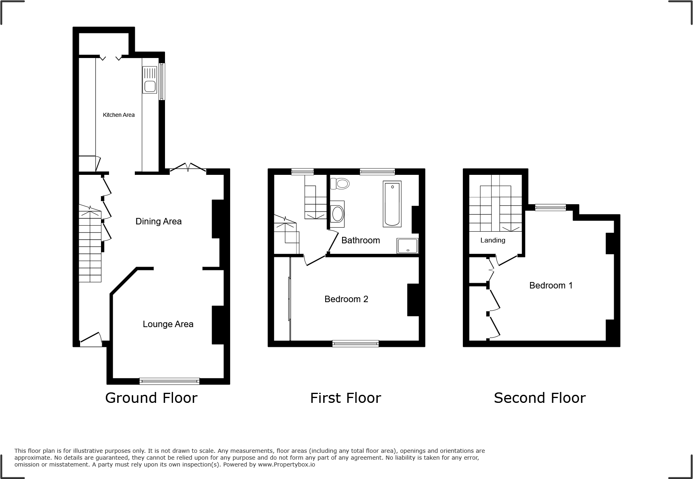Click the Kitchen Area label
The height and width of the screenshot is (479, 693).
[119, 115]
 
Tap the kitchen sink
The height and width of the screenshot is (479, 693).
[150, 80]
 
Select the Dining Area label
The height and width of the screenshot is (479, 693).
[159, 221]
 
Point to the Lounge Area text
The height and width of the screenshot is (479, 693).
[168, 324]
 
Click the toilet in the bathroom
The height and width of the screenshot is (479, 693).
[340, 184]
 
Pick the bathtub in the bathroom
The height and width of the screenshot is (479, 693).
[392, 204]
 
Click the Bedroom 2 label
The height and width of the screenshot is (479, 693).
[346, 299]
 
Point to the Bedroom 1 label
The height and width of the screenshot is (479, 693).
[551, 285]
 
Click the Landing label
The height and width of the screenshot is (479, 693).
[493, 240]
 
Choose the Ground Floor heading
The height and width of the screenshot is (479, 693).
[151, 398]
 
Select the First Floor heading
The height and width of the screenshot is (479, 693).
[345, 398]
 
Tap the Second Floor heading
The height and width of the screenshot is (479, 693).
[539, 398]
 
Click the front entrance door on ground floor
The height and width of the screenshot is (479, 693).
[91, 340]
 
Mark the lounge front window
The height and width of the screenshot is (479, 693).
[169, 381]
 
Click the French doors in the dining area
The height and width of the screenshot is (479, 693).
[188, 168]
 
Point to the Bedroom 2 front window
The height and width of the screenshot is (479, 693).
[355, 343]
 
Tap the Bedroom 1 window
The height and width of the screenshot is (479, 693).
[550, 207]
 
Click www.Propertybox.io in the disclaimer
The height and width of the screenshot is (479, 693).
[286, 464]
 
